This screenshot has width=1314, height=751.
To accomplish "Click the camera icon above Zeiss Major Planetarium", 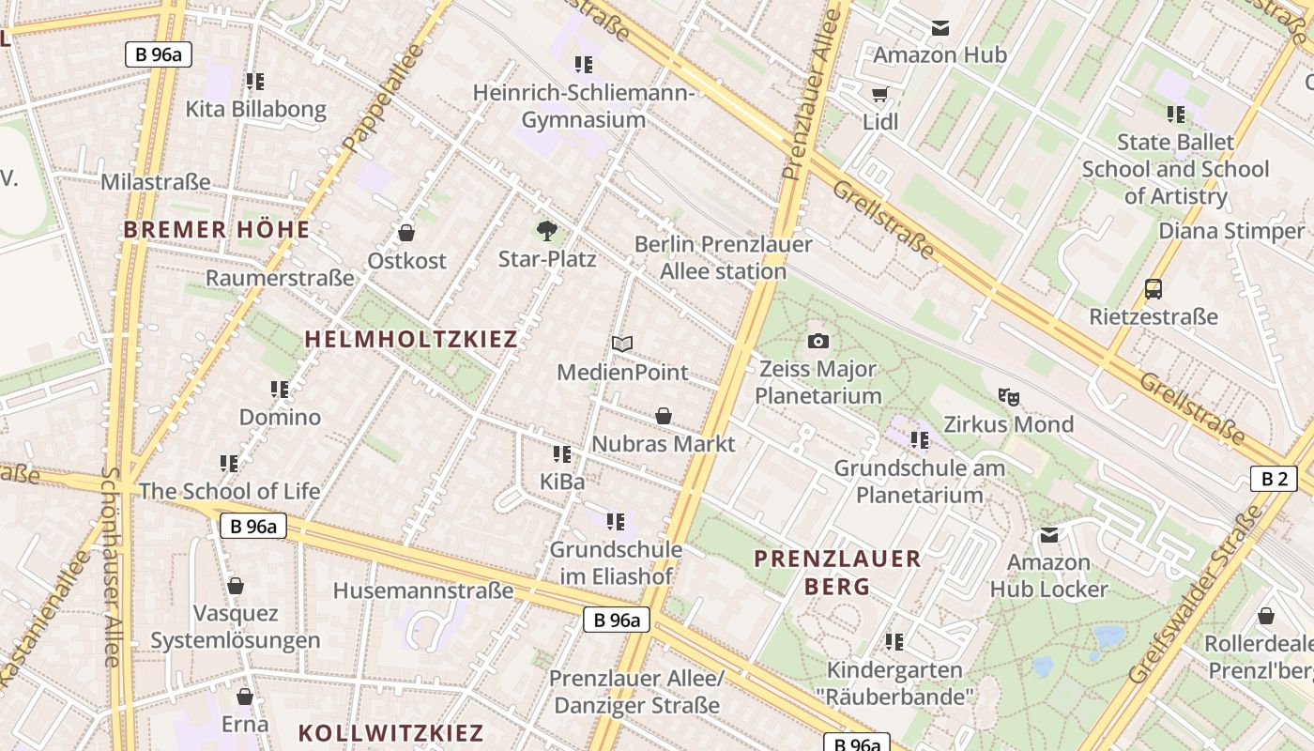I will (817, 341).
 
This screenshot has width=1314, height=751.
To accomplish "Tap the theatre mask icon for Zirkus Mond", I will (1009, 396).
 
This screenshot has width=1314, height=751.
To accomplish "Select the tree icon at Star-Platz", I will (546, 231).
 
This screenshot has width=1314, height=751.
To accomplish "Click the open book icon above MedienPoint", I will (622, 344).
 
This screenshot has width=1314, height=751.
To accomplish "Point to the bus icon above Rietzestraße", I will (1154, 289).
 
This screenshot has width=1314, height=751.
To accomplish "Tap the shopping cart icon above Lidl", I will (879, 94).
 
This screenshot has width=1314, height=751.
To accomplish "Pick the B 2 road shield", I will (1274, 479).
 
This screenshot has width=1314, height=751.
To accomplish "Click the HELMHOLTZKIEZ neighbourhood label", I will (411, 339).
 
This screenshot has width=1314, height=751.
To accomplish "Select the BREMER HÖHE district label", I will (216, 229).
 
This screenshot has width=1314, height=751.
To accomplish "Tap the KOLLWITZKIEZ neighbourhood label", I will (390, 732).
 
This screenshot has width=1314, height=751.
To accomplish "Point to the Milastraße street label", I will (156, 181).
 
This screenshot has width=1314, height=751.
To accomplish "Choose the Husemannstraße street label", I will (423, 590).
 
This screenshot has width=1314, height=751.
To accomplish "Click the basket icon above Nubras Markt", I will (664, 415).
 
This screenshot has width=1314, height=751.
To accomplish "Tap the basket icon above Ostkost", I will (406, 232).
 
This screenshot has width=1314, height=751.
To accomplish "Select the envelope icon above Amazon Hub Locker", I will (1049, 535).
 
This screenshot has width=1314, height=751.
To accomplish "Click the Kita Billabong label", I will (255, 109).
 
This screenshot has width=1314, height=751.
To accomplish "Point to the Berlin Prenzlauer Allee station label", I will (724, 257).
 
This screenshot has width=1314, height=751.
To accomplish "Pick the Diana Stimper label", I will (1231, 231).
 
